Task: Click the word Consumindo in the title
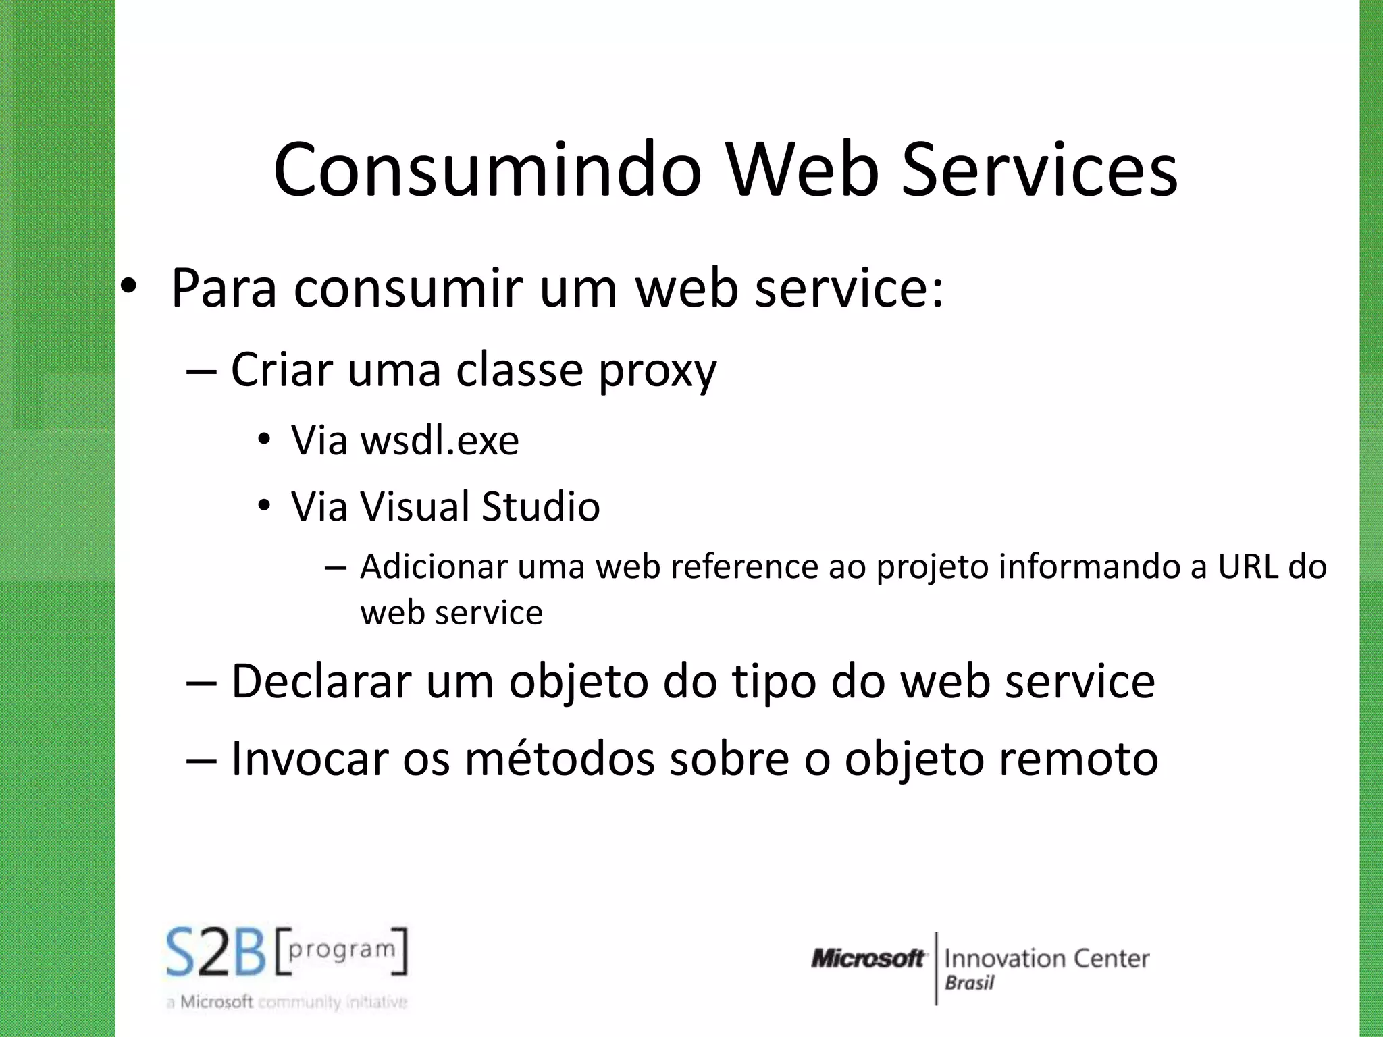tap(488, 170)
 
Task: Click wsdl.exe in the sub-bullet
tap(440, 441)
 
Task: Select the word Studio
tap(540, 506)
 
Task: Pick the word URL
tap(1247, 566)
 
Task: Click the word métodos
tap(560, 759)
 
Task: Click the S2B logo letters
tap(217, 952)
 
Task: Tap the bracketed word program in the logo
tap(342, 950)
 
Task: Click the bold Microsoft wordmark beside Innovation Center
tap(868, 958)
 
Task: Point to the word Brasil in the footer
tap(969, 983)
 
